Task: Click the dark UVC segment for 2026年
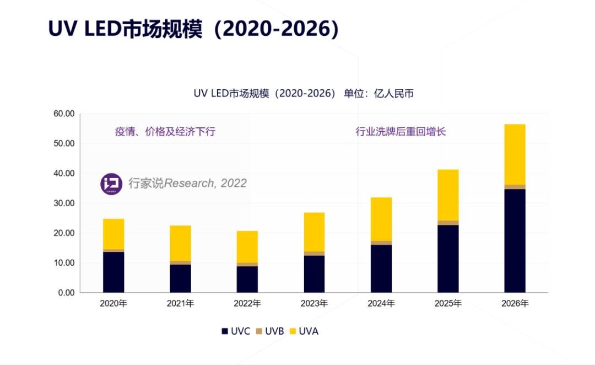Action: coord(515,240)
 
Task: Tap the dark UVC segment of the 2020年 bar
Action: coord(113,272)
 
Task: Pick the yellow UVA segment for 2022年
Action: coord(247,246)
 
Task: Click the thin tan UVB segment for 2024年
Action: coord(381,243)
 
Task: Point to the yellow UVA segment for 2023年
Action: coord(314,232)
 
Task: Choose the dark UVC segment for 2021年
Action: coord(180,278)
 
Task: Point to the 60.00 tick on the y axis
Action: coord(63,114)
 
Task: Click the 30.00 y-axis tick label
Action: coord(63,203)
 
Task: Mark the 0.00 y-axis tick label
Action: coord(66,293)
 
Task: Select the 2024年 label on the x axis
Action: coord(381,304)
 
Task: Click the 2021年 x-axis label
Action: coord(180,304)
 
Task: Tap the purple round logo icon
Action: coord(111,184)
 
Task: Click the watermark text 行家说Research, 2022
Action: coord(187,184)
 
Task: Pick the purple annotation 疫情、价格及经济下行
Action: coord(165,132)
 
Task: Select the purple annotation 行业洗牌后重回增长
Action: coord(401,132)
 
